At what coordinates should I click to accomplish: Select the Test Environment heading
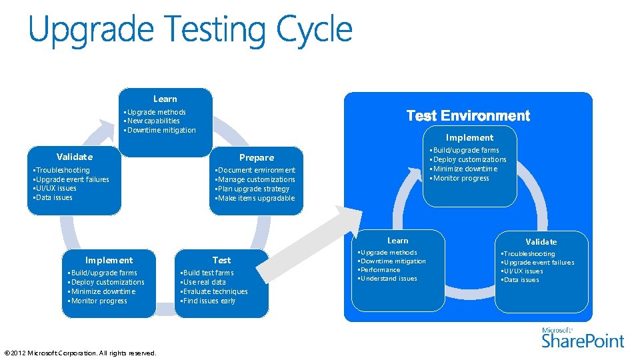click(468, 116)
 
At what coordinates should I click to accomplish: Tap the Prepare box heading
click(257, 158)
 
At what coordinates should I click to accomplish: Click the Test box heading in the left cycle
click(221, 260)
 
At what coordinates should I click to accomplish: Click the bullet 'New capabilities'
click(153, 121)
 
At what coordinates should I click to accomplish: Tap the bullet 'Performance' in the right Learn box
click(380, 270)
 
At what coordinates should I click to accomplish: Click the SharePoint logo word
click(583, 341)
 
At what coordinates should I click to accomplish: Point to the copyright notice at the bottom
click(80, 353)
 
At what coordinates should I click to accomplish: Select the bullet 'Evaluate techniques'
click(215, 291)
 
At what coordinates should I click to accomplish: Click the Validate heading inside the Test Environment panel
click(541, 241)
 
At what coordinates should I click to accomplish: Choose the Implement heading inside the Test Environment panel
click(470, 137)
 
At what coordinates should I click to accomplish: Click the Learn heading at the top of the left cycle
click(165, 99)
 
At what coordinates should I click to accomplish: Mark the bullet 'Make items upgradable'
click(256, 198)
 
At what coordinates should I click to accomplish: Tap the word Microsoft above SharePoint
click(557, 330)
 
